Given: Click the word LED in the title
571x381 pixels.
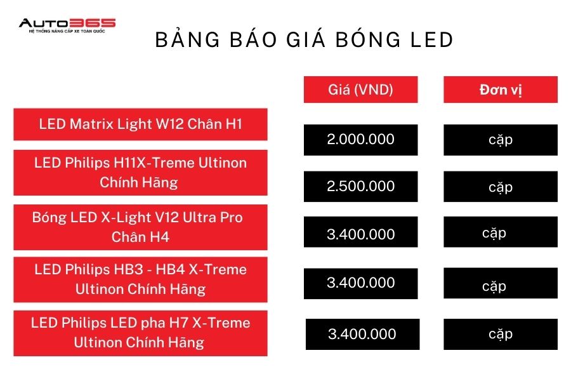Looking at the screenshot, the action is [432, 39].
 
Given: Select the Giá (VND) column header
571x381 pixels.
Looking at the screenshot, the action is [360, 90].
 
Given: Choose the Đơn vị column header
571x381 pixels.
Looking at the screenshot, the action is [501, 90].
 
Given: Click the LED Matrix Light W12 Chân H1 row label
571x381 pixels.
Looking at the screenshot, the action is [141, 124].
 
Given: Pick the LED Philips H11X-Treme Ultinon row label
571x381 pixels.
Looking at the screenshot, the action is [141, 173].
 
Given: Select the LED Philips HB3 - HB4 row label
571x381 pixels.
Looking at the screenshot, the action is [141, 279].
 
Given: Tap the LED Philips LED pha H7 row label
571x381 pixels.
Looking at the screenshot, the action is [141, 333].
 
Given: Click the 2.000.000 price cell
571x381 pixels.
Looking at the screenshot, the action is [360, 140].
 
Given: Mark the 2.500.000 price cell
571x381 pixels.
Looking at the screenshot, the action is [360, 186].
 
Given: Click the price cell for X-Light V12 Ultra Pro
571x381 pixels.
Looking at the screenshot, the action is [360, 232].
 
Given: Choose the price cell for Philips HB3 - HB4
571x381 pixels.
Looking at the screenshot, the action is [360, 283].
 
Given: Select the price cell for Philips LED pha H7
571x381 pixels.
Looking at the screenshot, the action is [362, 335].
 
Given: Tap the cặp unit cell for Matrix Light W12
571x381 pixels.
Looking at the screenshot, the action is [501, 140].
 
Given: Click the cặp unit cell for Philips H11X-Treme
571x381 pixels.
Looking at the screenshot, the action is [501, 186].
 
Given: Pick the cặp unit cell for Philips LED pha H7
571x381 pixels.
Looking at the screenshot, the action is [501, 335].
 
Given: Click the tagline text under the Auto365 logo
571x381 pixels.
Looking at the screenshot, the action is [67, 31].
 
